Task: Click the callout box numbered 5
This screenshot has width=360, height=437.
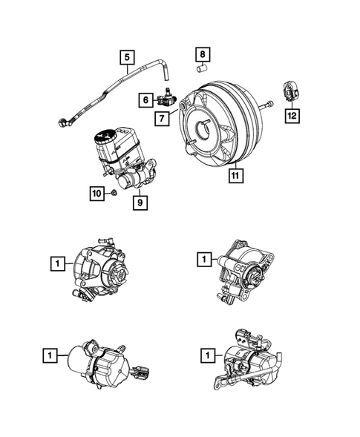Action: coord(127,56)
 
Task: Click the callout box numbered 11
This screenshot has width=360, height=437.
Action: coord(234,176)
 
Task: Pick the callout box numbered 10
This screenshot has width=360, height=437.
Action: coord(96,194)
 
